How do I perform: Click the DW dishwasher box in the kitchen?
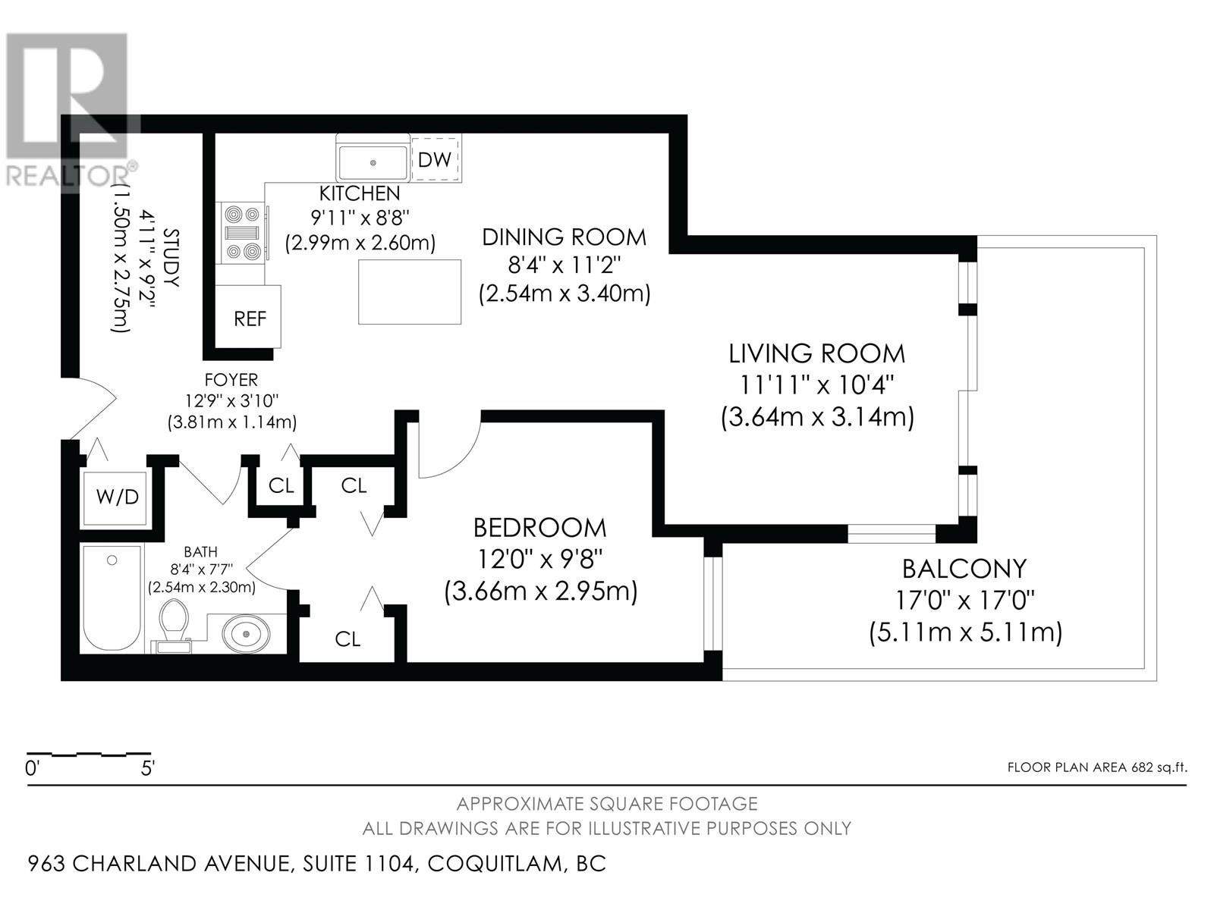(x=436, y=159)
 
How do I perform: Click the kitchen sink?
(x=373, y=162)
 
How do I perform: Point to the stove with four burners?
(x=243, y=232)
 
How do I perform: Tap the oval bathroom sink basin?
(x=247, y=634)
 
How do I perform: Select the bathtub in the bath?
(x=112, y=598)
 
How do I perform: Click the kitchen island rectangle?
(x=409, y=292)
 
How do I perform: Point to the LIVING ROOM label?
(x=816, y=353)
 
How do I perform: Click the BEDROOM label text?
(x=539, y=528)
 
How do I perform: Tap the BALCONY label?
(x=964, y=569)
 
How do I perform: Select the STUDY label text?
(x=171, y=257)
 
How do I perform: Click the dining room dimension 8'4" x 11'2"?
(x=565, y=265)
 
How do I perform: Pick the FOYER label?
(x=231, y=380)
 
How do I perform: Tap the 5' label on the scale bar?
(x=147, y=768)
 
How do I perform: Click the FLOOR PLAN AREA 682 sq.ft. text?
(x=1096, y=767)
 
